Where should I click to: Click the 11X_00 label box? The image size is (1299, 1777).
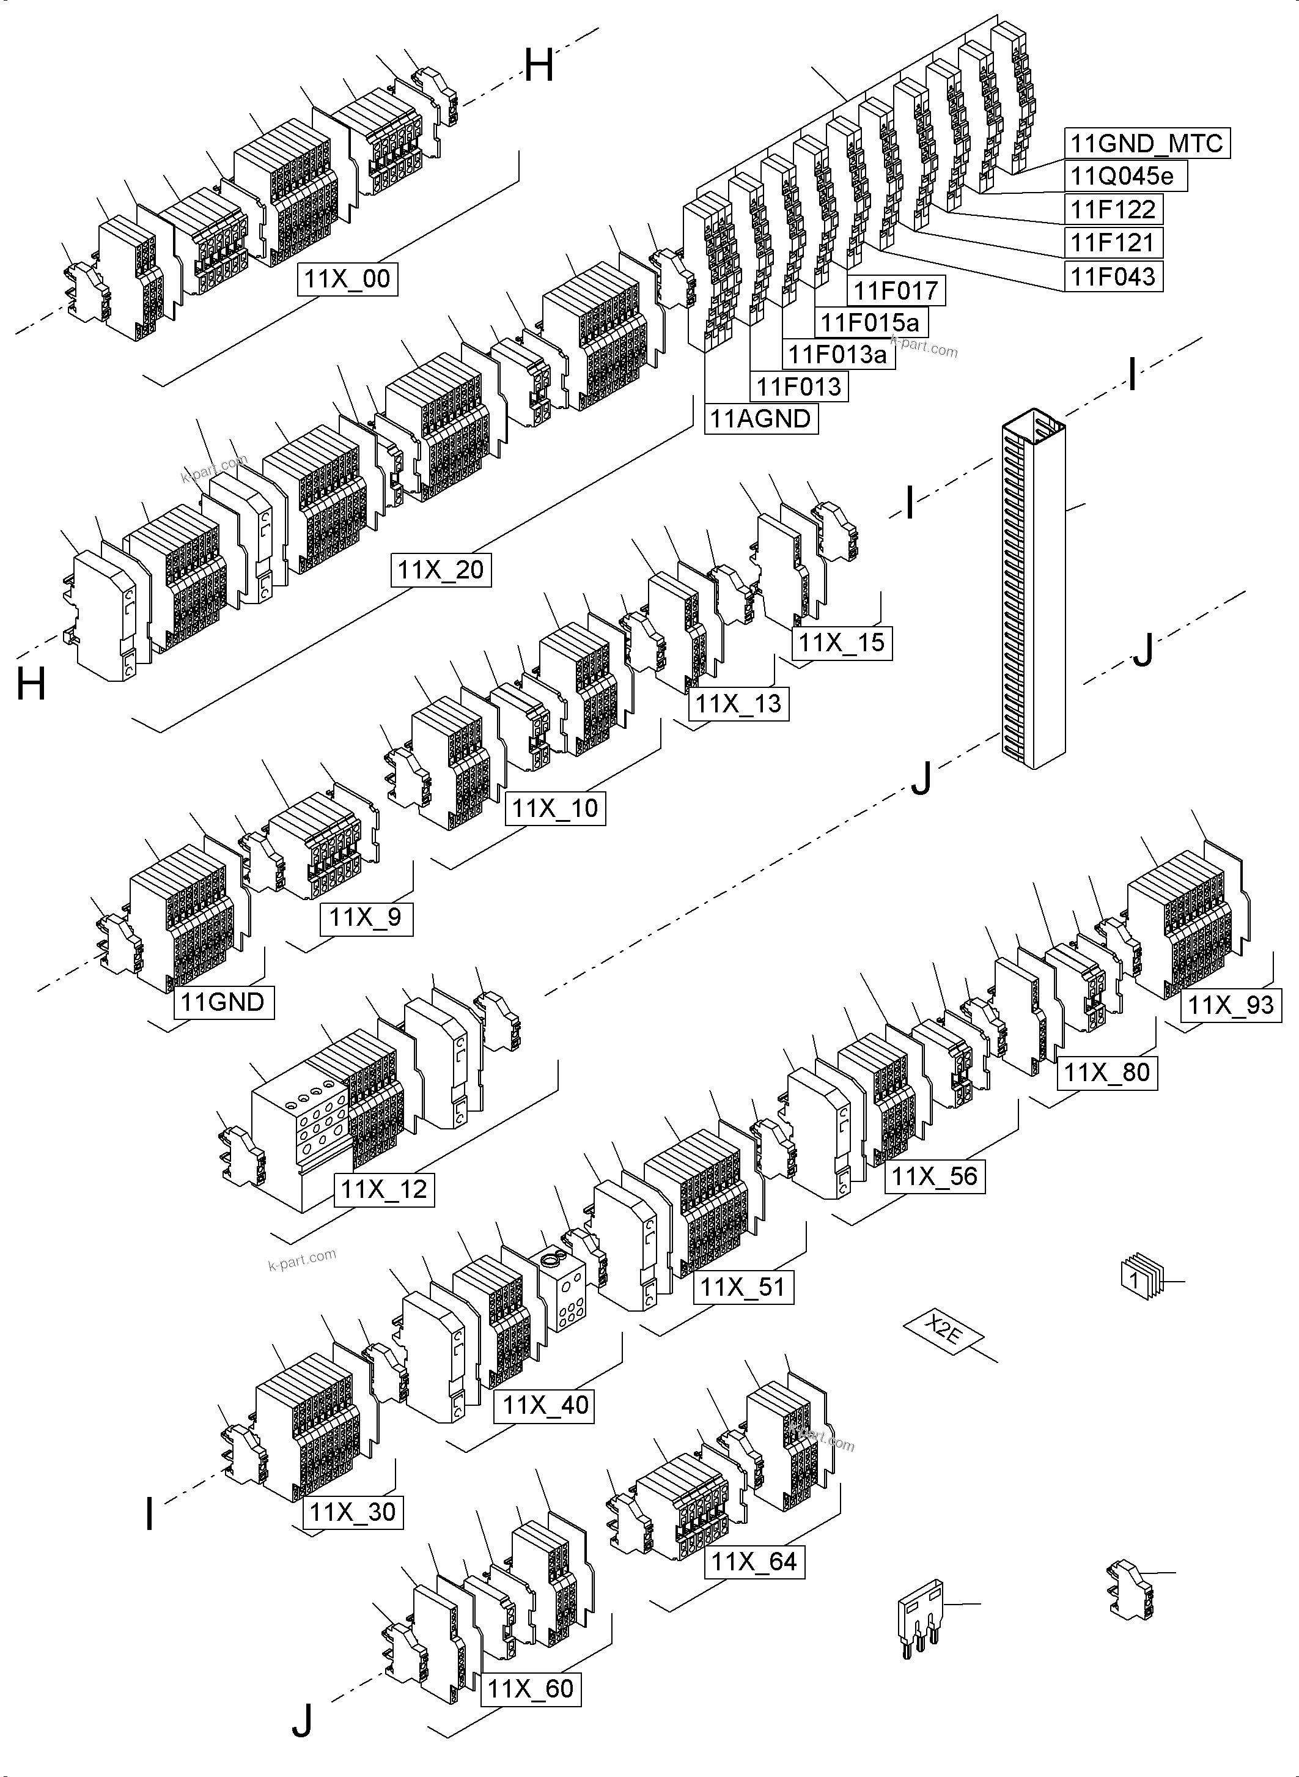click(347, 279)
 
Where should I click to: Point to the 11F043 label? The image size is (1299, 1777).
click(1113, 276)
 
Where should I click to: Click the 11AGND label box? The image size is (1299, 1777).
click(760, 418)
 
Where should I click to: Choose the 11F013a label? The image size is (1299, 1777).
click(837, 354)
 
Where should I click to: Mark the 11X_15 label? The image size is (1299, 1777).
click(841, 643)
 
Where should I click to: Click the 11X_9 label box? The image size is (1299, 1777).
click(366, 917)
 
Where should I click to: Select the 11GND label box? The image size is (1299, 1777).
click(223, 1002)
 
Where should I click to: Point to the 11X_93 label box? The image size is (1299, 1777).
click(1231, 1005)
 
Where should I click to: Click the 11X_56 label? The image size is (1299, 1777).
click(934, 1177)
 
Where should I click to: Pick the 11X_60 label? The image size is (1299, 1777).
click(531, 1689)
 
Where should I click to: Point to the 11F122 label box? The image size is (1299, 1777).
click(1113, 209)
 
